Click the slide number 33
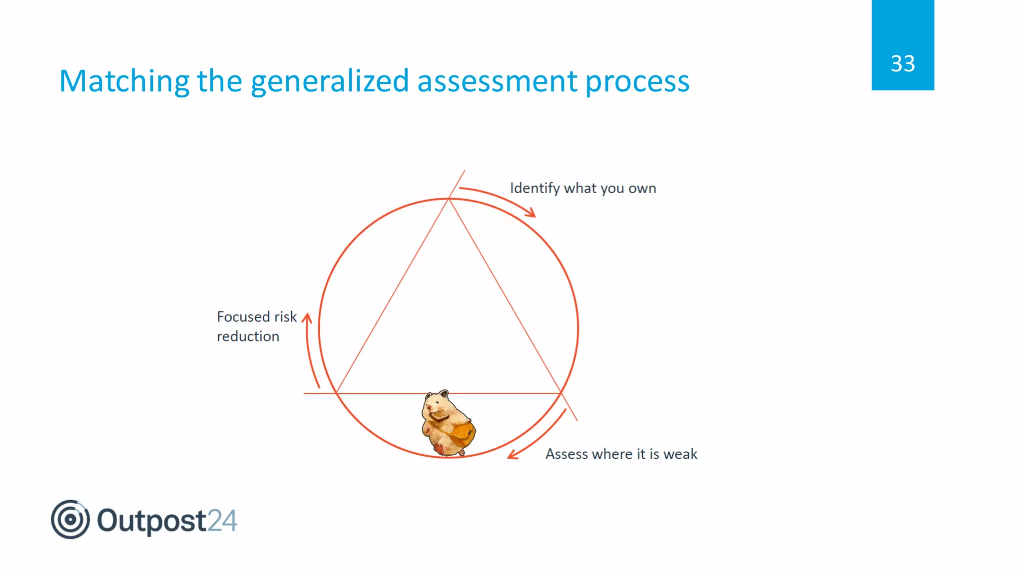pyautogui.click(x=903, y=64)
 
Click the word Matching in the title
pyautogui.click(x=124, y=81)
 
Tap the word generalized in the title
pyautogui.click(x=330, y=81)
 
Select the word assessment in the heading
pyautogui.click(x=497, y=81)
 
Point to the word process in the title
pyautogui.click(x=637, y=82)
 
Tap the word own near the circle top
pyautogui.click(x=642, y=189)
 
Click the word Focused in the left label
pyautogui.click(x=243, y=317)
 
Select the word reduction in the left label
pyautogui.click(x=248, y=336)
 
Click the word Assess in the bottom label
pyautogui.click(x=566, y=454)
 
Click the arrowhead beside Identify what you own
pyautogui.click(x=530, y=213)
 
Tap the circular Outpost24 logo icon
pyautogui.click(x=70, y=520)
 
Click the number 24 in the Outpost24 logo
pyautogui.click(x=222, y=521)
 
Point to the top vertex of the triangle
pyautogui.click(x=449, y=199)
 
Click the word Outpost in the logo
pyautogui.click(x=151, y=521)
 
